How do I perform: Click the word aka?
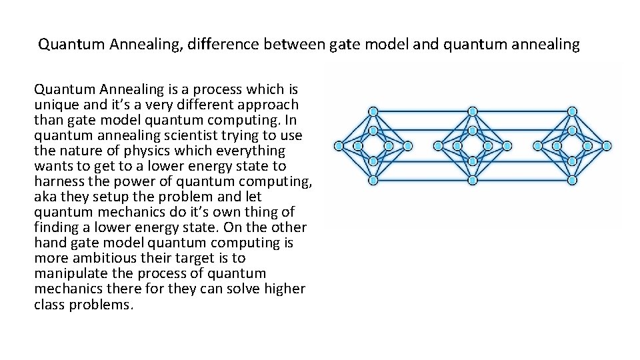(45, 197)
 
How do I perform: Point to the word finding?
(58, 227)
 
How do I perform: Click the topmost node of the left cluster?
(373, 111)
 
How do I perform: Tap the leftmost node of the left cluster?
(339, 145)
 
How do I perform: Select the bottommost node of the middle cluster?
(473, 180)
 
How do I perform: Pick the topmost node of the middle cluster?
(473, 111)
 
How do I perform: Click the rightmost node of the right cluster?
(607, 145)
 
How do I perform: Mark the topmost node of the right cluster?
(572, 111)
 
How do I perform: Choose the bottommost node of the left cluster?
(373, 180)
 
